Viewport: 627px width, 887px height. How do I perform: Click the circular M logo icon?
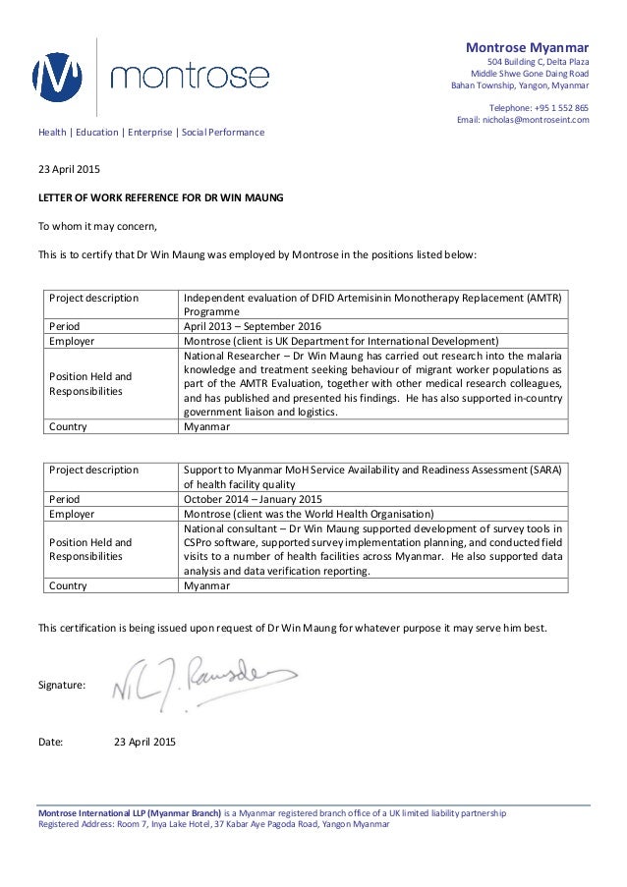pos(62,74)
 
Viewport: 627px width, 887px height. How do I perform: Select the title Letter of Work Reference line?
pos(160,197)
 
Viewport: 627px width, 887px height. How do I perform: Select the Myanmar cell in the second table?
pos(207,586)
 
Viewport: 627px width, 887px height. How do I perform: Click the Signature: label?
pos(61,683)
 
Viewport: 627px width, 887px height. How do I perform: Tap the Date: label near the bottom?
pos(50,741)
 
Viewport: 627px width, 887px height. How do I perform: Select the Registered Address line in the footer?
pos(213,824)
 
